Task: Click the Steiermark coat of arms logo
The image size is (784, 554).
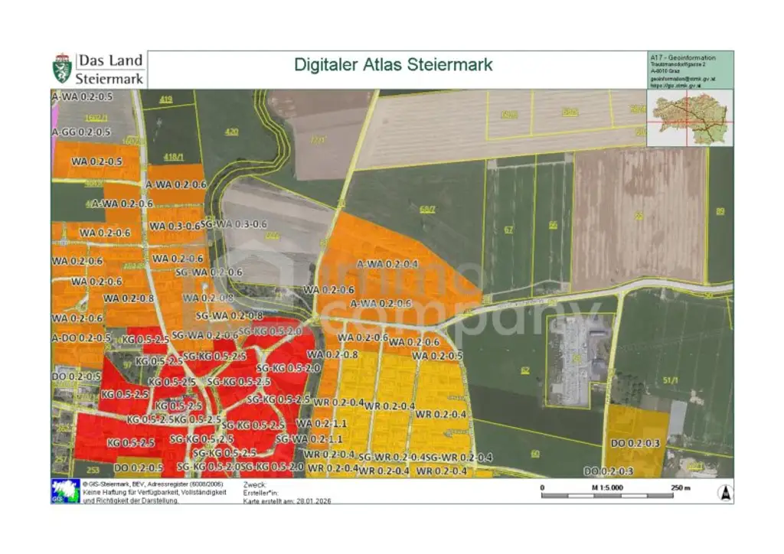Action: point(62,69)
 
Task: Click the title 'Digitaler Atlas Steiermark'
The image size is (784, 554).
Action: point(393,64)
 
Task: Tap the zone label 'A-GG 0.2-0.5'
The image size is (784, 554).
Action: point(81,132)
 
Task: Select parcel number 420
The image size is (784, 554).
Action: point(231,132)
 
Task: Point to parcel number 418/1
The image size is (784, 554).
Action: point(174,157)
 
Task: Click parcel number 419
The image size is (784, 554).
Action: point(167,100)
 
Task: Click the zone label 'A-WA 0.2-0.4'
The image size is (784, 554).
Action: point(387,263)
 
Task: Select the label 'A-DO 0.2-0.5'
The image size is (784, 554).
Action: point(81,337)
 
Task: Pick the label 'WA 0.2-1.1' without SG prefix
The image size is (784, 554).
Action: point(322,423)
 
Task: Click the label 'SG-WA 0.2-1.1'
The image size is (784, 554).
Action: point(309,439)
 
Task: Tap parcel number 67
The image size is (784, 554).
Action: point(508,229)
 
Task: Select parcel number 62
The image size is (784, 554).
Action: point(524,370)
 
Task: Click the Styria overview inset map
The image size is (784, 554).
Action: point(690,118)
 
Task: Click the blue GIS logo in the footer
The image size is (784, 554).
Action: point(65,490)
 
